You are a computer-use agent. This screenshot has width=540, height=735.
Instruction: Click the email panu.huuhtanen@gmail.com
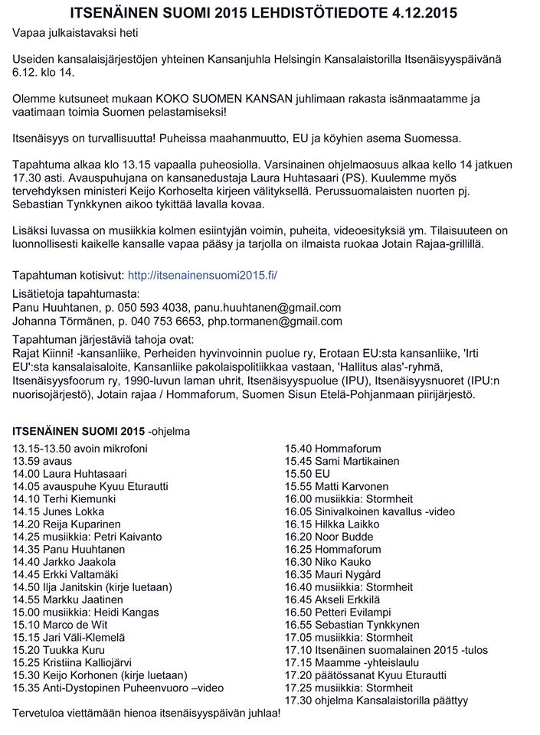(267, 307)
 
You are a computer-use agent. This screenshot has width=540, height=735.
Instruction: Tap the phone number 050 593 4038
(153, 307)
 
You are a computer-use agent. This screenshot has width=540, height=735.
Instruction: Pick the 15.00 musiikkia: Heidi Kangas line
(85, 612)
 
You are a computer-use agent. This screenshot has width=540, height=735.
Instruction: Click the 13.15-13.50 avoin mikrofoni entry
(80, 449)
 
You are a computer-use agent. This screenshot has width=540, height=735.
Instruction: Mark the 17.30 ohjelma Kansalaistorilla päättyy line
(376, 700)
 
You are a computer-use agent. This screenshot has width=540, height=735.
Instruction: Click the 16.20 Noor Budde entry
(329, 537)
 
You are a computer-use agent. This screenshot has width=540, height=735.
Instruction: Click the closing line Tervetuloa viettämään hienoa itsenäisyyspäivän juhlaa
(146, 713)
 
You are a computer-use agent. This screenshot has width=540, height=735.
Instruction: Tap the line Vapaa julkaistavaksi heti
(76, 33)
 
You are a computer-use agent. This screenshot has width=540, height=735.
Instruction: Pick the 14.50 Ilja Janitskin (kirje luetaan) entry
(92, 586)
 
